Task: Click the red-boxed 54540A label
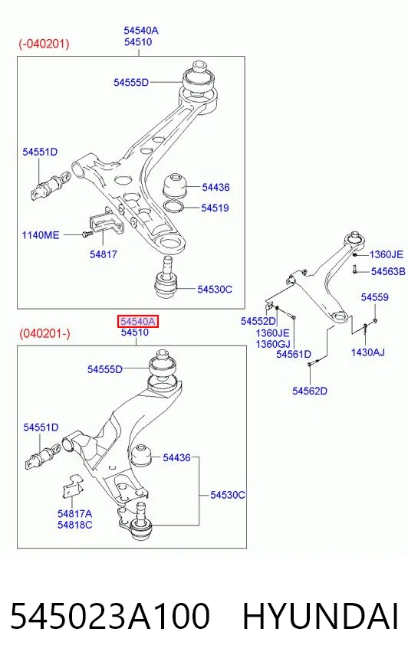coord(138,321)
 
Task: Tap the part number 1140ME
coord(41,234)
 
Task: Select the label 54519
coord(215,208)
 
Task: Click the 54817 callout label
coord(104,254)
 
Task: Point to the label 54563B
coord(388,271)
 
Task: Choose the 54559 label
coord(375,297)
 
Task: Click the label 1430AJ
coord(367,352)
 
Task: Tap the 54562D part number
coord(310,391)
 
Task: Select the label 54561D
coord(294,354)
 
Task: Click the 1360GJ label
coord(273,344)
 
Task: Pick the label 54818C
coord(75,525)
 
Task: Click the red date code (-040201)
coord(44,44)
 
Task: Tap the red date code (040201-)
coord(44,333)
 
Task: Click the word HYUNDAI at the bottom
coord(321,616)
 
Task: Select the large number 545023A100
coord(110,616)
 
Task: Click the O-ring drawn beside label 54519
coord(174,206)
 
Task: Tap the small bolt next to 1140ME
coord(87,234)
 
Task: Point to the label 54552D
coord(258,321)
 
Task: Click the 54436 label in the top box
coord(216,187)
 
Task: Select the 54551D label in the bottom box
coord(41,427)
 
